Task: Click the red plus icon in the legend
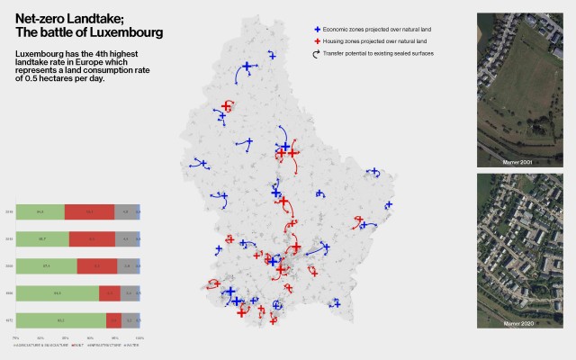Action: (x=316, y=41)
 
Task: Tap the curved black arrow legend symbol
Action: (x=316, y=54)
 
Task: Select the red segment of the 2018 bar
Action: (x=89, y=212)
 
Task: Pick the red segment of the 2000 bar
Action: (x=96, y=266)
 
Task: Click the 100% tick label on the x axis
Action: (x=139, y=337)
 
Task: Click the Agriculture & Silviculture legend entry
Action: (x=41, y=344)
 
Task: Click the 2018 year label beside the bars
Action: (x=9, y=212)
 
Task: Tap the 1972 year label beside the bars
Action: (x=9, y=319)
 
